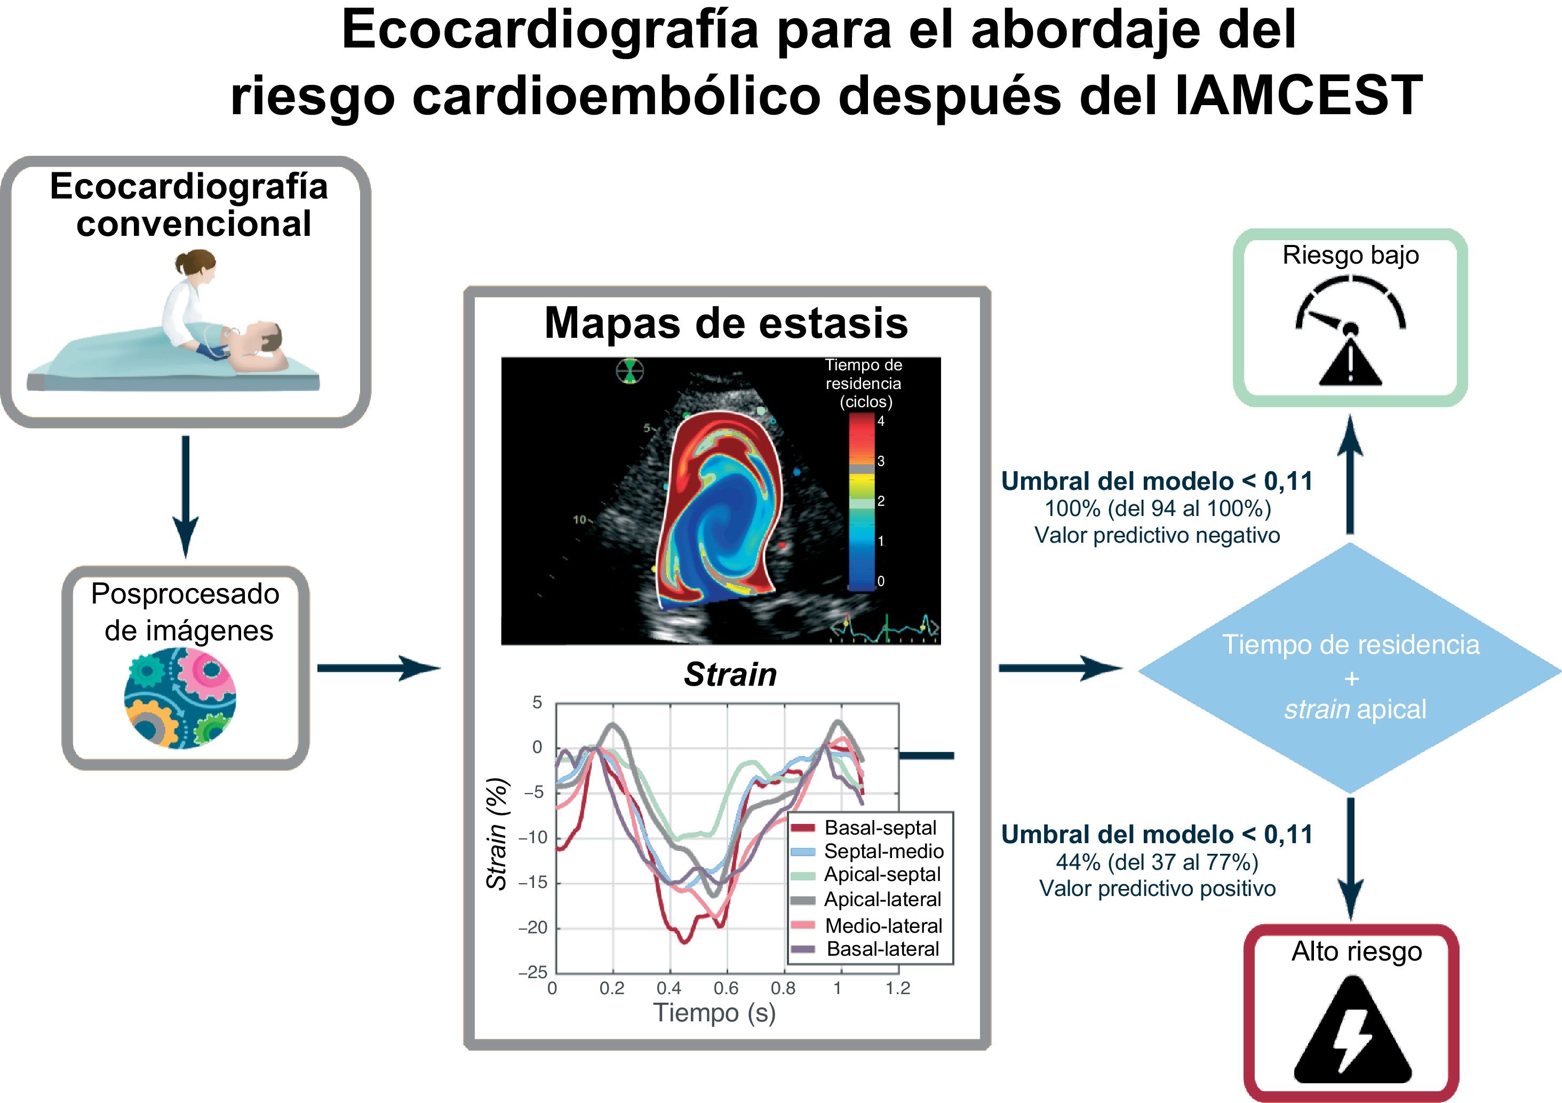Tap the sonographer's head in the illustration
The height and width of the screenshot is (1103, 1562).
pos(195,266)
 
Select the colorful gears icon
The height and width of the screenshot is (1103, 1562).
pos(180,698)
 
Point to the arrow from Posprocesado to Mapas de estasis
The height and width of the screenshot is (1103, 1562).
pos(378,668)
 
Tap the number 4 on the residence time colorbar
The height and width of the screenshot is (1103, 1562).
pos(881,421)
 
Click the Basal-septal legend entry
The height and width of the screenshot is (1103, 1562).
pos(880,828)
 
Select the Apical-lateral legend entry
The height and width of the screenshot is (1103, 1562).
pos(882,900)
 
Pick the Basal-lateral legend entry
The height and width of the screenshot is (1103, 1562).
pos(882,949)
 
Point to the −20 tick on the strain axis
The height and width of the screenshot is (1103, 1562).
pos(533,927)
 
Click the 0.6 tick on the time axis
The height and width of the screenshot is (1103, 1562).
pos(726,988)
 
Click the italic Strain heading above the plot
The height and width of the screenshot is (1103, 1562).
pos(730,675)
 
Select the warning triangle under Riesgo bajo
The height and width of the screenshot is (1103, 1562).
pos(1350,364)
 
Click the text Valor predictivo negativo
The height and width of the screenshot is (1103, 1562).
pos(1157,536)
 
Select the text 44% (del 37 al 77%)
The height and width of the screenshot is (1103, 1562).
pos(1157,862)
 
